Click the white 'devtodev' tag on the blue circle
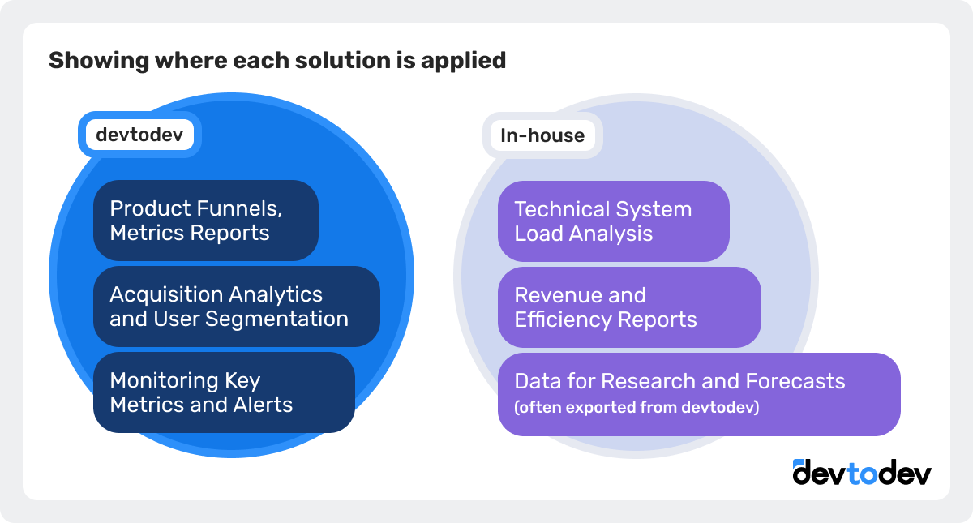click(x=139, y=135)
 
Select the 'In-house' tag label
click(x=542, y=135)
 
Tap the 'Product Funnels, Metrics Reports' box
click(x=206, y=221)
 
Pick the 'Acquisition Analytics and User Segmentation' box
click(x=236, y=307)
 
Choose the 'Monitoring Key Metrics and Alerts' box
click(x=224, y=392)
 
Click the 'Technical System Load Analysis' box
click(x=613, y=221)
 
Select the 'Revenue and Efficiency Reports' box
click(x=628, y=307)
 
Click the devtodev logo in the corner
click(x=862, y=473)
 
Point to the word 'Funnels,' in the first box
click(x=242, y=208)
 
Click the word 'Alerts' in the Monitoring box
click(x=261, y=404)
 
